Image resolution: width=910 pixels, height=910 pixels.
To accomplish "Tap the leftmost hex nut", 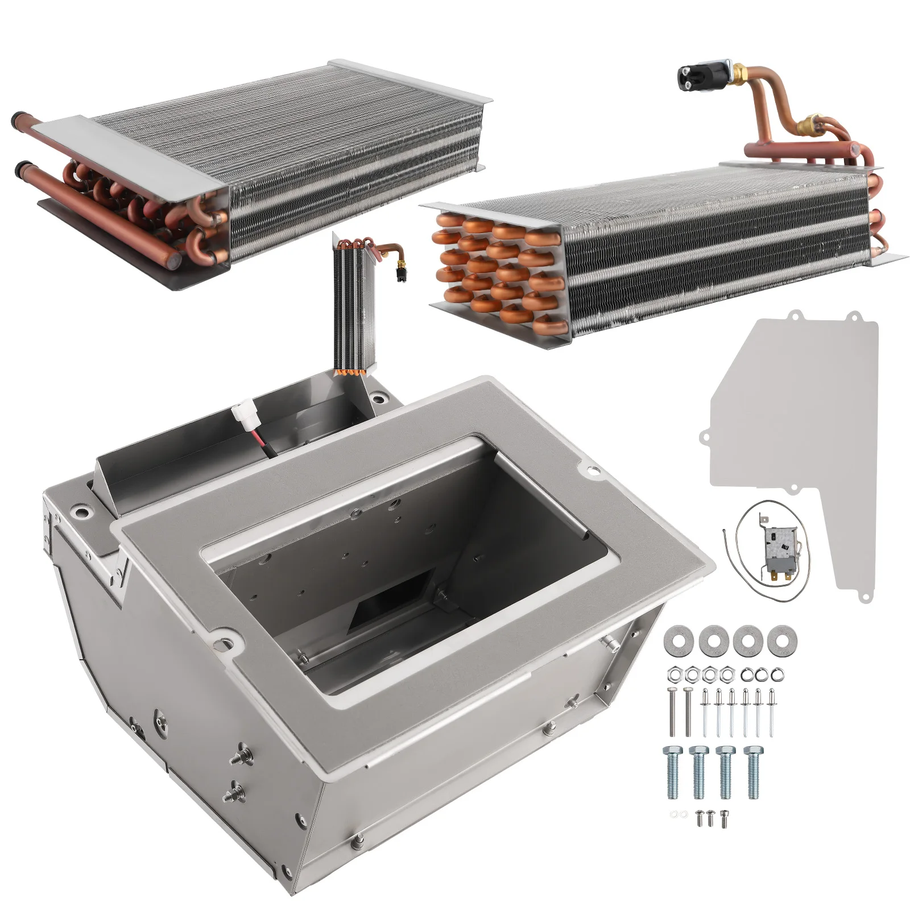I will (x=672, y=675).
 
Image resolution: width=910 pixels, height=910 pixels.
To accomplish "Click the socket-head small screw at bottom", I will (x=723, y=818).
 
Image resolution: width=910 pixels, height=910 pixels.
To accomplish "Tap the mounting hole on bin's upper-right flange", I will (x=591, y=470).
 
